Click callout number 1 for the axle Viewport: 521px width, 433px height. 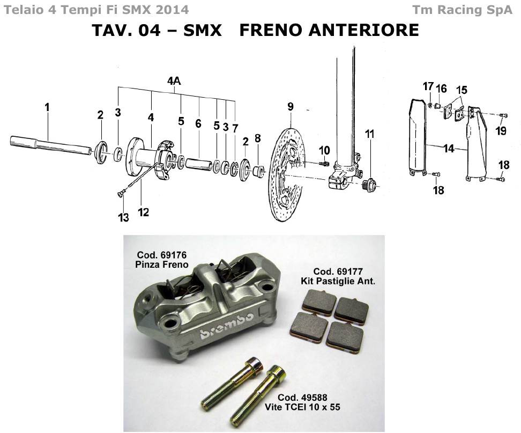47,107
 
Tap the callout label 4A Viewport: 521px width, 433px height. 174,81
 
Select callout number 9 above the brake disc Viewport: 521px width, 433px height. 290,107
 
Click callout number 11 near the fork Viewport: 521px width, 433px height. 369,134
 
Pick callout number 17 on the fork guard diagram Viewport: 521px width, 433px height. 428,87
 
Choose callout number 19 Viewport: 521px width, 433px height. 501,130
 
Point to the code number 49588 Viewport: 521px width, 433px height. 314,398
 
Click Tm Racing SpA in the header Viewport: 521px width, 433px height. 462,10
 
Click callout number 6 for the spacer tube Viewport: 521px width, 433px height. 198,123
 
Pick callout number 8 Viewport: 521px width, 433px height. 257,138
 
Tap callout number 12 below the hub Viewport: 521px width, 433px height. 143,212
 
